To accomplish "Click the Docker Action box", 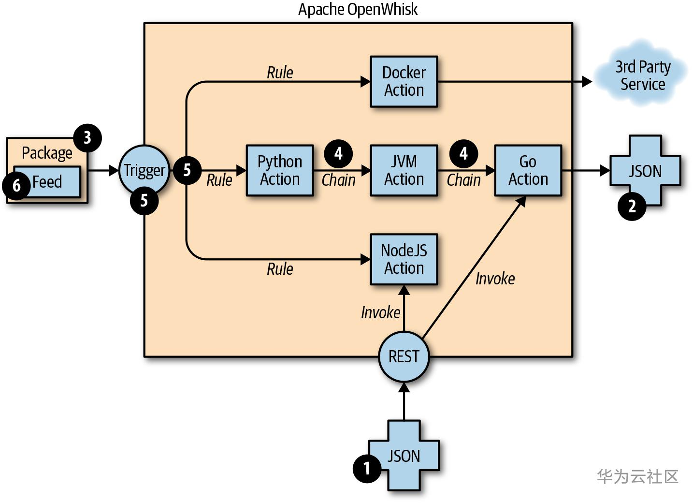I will tap(404, 81).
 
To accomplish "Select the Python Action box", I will tap(280, 170).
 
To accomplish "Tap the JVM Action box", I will tap(404, 170).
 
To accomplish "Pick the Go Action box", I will tap(528, 170).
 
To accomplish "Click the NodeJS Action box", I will tap(404, 259).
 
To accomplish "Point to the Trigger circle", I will tap(144, 170).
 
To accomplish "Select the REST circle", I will tap(404, 356).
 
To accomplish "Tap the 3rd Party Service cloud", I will tap(642, 75).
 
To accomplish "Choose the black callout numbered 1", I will tap(367, 468).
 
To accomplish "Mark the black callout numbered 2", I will tap(632, 207).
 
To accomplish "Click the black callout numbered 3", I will tap(87, 138).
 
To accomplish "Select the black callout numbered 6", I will tap(16, 185).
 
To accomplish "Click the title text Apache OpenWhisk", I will tap(358, 9).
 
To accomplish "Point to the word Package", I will tap(47, 153).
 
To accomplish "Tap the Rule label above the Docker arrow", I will tap(280, 73).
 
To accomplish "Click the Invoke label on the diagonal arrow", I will tap(495, 279).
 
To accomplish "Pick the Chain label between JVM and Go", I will tap(463, 180).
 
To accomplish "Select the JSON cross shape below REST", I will tap(404, 456).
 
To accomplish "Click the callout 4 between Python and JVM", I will tap(338, 153).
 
